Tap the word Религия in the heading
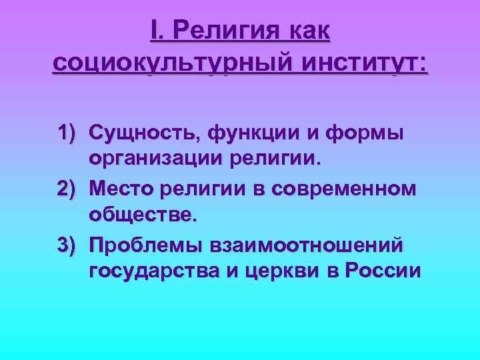click(223, 31)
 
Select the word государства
click(154, 271)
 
